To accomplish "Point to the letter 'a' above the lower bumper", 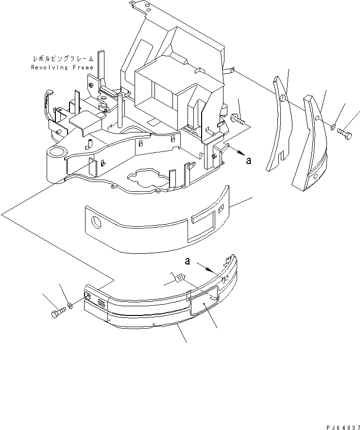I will (x=187, y=262).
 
